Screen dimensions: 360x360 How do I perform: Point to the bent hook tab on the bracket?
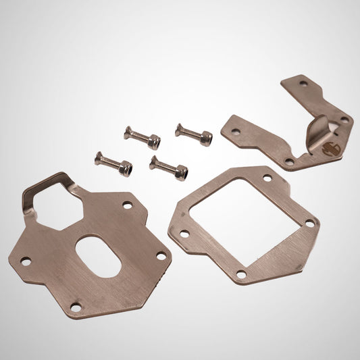click(319, 128)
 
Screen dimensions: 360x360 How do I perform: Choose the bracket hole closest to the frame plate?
click(290, 161)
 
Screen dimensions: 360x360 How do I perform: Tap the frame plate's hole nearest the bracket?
click(267, 178)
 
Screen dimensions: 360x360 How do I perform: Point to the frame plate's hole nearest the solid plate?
click(184, 234)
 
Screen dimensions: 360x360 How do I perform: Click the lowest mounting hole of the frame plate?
click(241, 273)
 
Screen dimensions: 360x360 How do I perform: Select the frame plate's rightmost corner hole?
click(309, 222)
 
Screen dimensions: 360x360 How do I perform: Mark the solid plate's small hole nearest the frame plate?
click(161, 255)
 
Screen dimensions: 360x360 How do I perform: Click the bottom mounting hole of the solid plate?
click(76, 308)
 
